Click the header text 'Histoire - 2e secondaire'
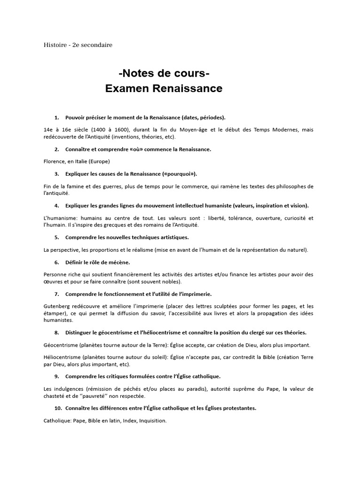pyautogui.click(x=78, y=45)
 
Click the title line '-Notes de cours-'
pyautogui.click(x=164, y=74)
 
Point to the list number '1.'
pyautogui.click(x=57, y=117)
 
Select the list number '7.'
pyautogui.click(x=57, y=294)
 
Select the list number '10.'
pyautogui.click(x=58, y=408)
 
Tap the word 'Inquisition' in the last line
pyautogui.click(x=152, y=421)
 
